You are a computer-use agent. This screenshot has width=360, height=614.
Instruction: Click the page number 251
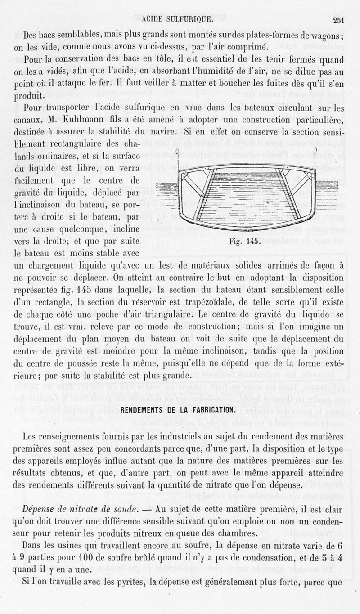tap(338, 19)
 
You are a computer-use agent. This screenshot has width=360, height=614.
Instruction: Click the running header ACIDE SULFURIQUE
tap(177, 19)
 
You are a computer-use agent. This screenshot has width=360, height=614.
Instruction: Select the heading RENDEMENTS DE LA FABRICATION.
tap(179, 410)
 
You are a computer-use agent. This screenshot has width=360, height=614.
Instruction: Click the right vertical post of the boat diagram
tap(316, 157)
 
